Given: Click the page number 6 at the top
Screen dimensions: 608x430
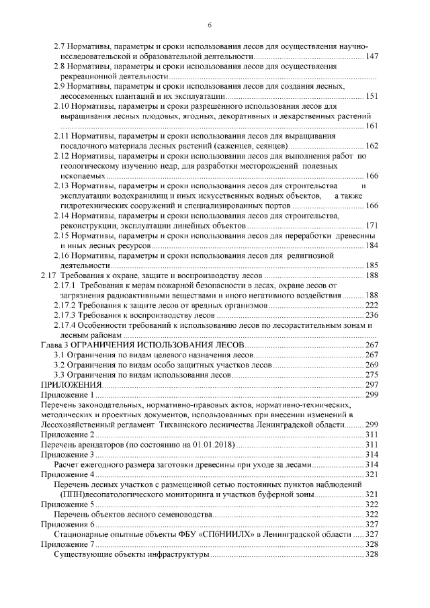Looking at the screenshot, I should [x=210, y=26].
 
